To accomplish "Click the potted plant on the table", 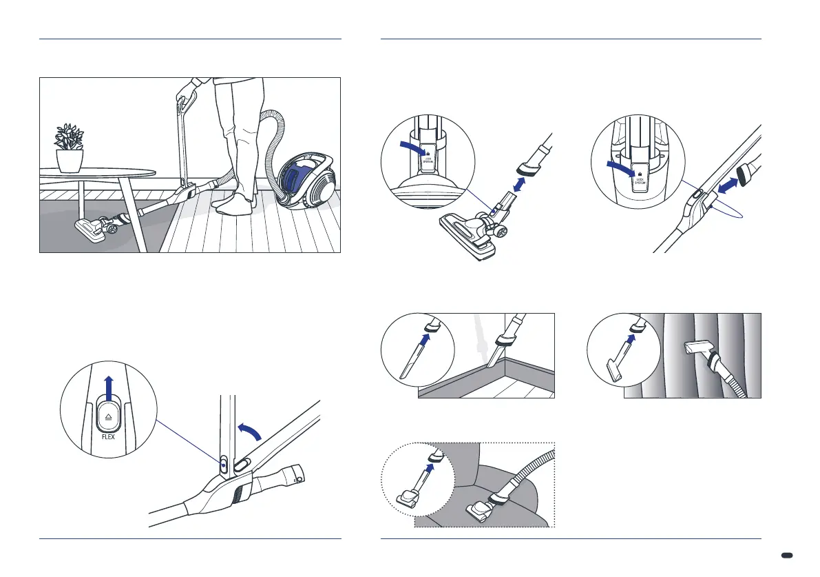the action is tap(70, 147).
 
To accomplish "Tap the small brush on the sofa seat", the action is tap(479, 509).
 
